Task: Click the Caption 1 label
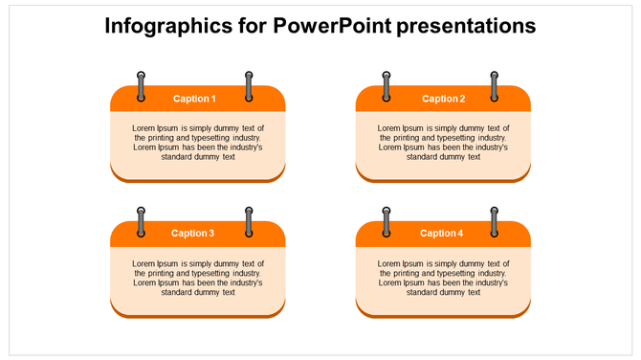pyautogui.click(x=194, y=99)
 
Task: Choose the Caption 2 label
pyautogui.click(x=443, y=99)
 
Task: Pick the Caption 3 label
pyautogui.click(x=193, y=233)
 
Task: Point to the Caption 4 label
pyautogui.click(x=442, y=233)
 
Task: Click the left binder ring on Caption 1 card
pyautogui.click(x=142, y=86)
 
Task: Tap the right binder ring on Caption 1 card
pyautogui.click(x=250, y=86)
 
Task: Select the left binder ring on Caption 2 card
pyautogui.click(x=387, y=86)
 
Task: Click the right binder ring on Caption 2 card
pyautogui.click(x=495, y=86)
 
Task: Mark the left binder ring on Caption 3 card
pyautogui.click(x=142, y=221)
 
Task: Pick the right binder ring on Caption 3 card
pyautogui.click(x=250, y=221)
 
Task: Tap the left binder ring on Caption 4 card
pyautogui.click(x=387, y=221)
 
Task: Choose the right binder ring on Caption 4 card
pyautogui.click(x=495, y=221)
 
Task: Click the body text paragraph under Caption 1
pyautogui.click(x=198, y=142)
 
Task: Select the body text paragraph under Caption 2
pyautogui.click(x=443, y=142)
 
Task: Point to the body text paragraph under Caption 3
pyautogui.click(x=198, y=278)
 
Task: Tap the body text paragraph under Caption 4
pyautogui.click(x=443, y=278)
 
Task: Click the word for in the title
pyautogui.click(x=251, y=26)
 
